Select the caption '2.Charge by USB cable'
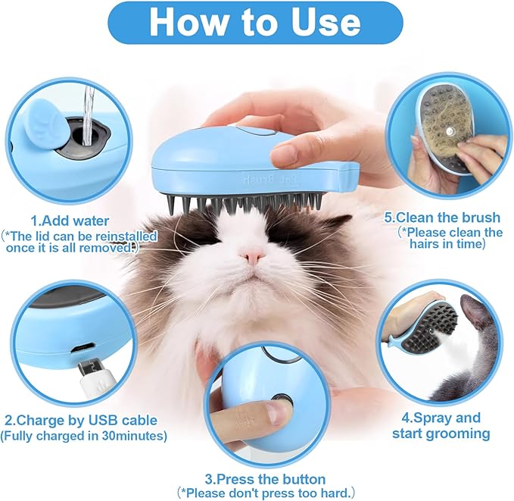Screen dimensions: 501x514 [x=80, y=420]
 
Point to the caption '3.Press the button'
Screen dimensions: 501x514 [x=265, y=479]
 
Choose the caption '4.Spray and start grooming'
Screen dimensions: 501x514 [x=441, y=426]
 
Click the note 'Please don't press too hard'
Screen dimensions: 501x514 [x=265, y=493]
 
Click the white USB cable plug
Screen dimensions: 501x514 [x=95, y=377]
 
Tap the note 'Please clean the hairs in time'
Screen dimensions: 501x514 [x=450, y=239]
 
